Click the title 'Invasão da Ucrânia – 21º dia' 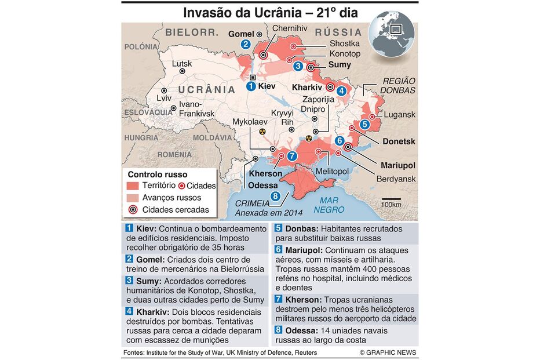coord(271,12)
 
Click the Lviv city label coord(165,99)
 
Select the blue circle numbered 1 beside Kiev coord(251,86)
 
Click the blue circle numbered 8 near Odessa coord(275,196)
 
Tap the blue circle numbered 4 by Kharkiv coord(342,90)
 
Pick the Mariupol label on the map coord(398,165)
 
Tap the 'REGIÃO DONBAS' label coord(398,86)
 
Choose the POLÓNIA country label coord(141,46)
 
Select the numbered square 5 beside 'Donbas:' coord(278,228)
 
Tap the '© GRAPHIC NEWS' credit coord(388,352)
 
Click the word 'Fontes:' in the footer coord(134,352)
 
